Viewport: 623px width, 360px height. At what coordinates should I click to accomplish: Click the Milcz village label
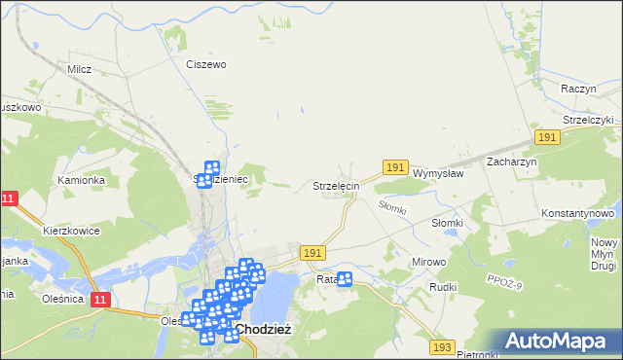coord(79,69)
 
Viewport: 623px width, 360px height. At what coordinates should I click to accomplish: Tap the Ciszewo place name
coord(205,64)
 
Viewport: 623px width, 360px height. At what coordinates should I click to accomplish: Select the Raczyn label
coord(578,88)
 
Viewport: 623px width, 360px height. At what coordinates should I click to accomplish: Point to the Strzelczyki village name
coord(580,120)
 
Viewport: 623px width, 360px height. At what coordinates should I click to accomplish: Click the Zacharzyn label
coord(512,162)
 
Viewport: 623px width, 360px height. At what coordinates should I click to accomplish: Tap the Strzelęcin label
coord(337,185)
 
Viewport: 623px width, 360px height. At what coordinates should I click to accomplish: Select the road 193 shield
coord(443,347)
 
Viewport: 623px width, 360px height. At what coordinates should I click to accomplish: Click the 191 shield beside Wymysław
coord(394,168)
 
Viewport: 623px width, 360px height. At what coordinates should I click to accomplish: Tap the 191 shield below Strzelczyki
coord(548,138)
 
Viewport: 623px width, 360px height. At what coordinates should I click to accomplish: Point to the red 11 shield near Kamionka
coord(9,198)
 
